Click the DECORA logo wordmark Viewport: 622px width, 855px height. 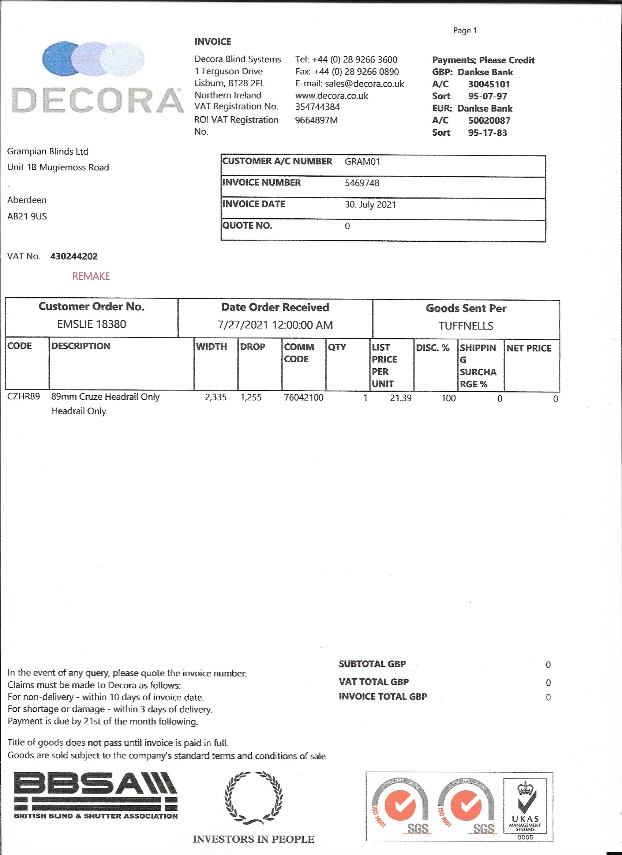click(97, 101)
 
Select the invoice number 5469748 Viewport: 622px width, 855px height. click(362, 183)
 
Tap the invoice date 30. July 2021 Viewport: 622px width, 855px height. click(370, 205)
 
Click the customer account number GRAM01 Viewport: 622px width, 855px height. click(362, 162)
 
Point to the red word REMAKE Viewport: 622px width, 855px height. click(91, 276)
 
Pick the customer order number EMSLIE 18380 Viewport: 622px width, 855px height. click(92, 324)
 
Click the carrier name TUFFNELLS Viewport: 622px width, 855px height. click(466, 326)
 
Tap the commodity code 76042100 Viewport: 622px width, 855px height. click(304, 398)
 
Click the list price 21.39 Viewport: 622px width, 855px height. click(401, 398)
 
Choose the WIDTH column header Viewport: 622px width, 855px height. click(211, 347)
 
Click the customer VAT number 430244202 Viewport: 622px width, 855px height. click(74, 257)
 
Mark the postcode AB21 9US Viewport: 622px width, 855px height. click(27, 216)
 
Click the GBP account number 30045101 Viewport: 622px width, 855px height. click(489, 84)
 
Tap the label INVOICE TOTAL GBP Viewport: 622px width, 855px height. click(382, 697)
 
